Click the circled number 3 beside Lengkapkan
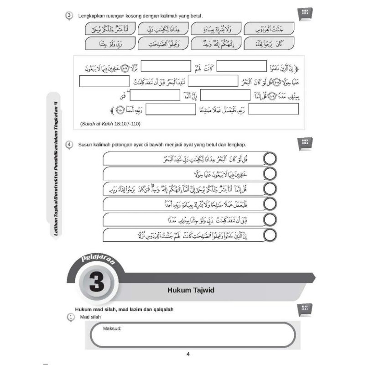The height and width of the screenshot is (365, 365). point(68,16)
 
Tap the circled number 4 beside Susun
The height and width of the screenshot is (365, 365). point(68,145)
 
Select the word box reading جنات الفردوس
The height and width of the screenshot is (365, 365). point(269,29)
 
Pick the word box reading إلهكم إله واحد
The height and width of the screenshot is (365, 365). point(216,44)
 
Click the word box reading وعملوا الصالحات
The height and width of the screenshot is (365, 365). point(163,44)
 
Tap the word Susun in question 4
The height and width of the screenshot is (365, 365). point(86,145)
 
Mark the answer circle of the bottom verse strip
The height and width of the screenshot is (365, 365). point(270,235)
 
